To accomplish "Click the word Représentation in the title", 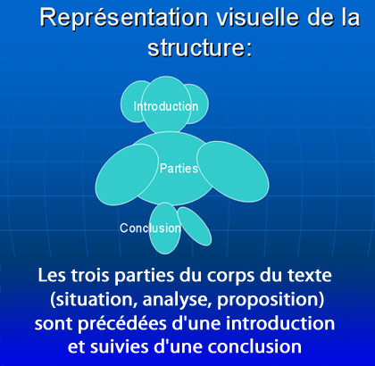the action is coord(124,19).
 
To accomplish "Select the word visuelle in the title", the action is coord(257,17).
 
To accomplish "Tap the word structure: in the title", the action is coord(200,47).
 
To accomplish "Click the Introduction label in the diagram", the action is coord(166,106).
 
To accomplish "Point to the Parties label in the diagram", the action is coord(179,169).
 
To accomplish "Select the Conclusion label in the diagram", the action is coord(150,229).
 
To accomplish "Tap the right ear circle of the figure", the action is coord(199,104).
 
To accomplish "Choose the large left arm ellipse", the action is coord(127,174).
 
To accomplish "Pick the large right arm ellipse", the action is coord(233,172).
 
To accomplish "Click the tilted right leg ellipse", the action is coord(195,227).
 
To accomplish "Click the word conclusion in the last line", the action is coord(254,347).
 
